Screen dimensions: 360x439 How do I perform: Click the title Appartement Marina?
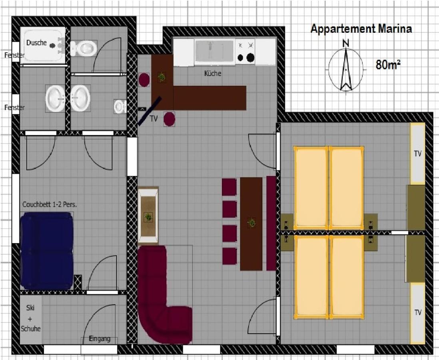(361, 29)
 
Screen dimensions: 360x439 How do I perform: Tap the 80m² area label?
(388, 64)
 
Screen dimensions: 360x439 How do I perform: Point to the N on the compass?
(346, 43)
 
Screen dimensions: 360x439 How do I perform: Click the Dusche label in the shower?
(36, 43)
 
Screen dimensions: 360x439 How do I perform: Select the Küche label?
(212, 74)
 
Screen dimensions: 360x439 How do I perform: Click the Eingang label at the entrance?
(100, 339)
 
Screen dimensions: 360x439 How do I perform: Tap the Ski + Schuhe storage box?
(30, 319)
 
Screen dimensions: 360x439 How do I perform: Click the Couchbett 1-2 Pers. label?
(50, 204)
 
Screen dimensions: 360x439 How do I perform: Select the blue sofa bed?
(47, 251)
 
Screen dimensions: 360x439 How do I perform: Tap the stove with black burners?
(245, 52)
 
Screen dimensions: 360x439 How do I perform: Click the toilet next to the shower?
(84, 48)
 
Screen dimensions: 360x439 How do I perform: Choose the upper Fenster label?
(14, 55)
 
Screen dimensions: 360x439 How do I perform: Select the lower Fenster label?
(14, 108)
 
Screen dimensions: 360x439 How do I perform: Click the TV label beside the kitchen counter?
(154, 119)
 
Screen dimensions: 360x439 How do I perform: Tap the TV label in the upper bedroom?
(418, 153)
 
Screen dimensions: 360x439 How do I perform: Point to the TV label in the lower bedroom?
(418, 312)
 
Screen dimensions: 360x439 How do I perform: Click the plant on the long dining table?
(251, 222)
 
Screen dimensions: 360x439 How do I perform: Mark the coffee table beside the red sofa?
(148, 216)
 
